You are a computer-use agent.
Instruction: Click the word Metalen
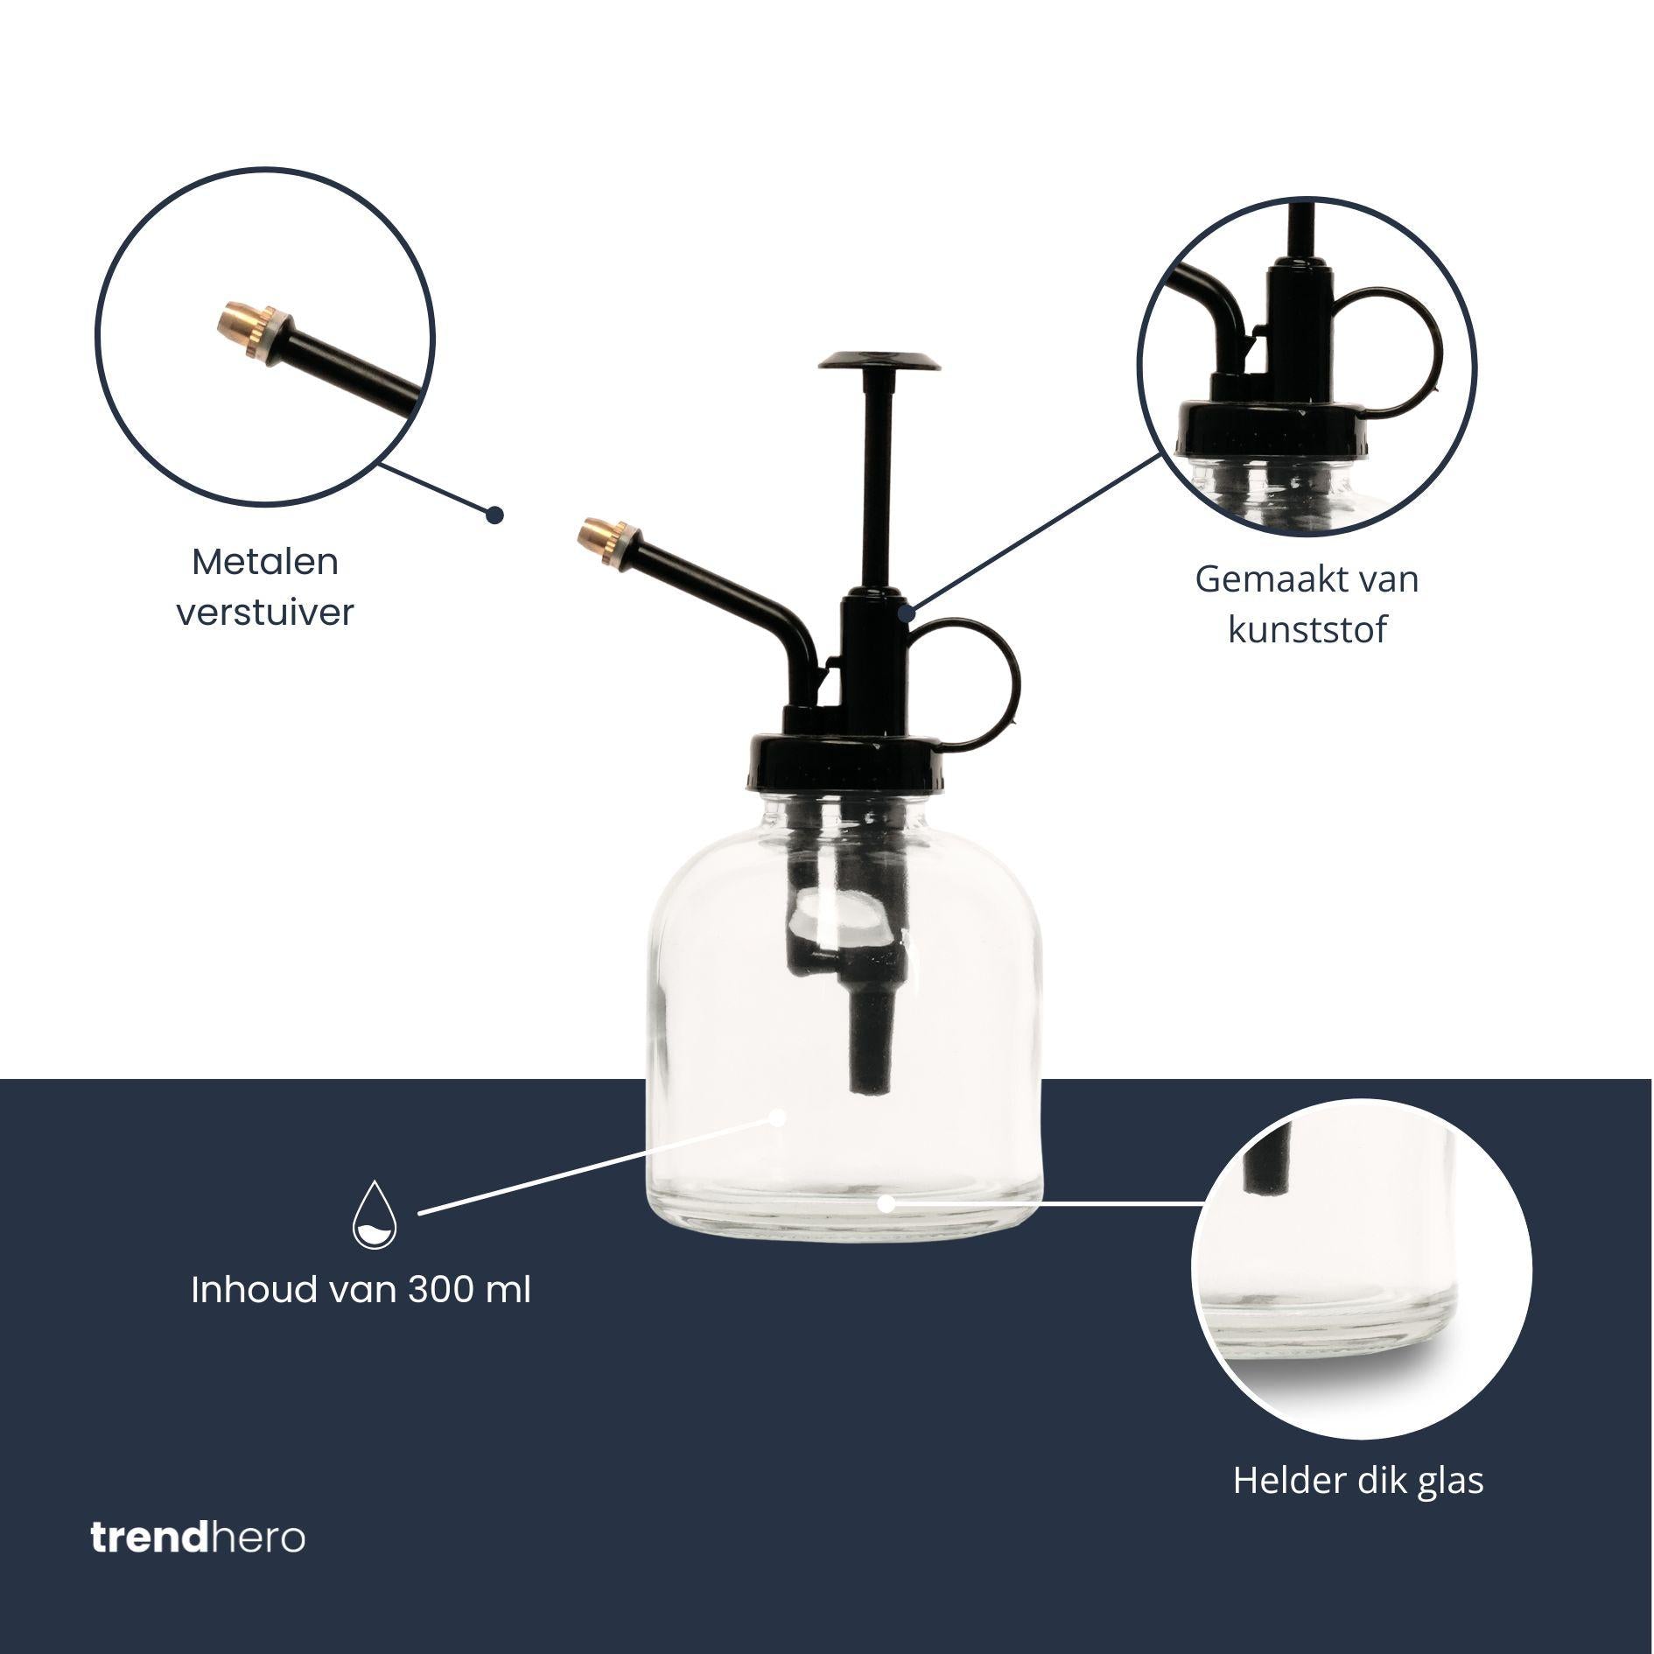pyautogui.click(x=265, y=562)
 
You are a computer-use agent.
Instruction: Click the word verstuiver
pyautogui.click(x=265, y=613)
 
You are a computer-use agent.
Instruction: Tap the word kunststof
pyautogui.click(x=1307, y=630)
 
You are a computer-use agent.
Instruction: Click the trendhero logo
pyautogui.click(x=198, y=1538)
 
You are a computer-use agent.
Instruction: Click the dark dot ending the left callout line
pyautogui.click(x=495, y=515)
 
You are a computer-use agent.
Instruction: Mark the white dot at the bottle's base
pyautogui.click(x=886, y=1204)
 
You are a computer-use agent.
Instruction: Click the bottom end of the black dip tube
pyautogui.click(x=868, y=1088)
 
